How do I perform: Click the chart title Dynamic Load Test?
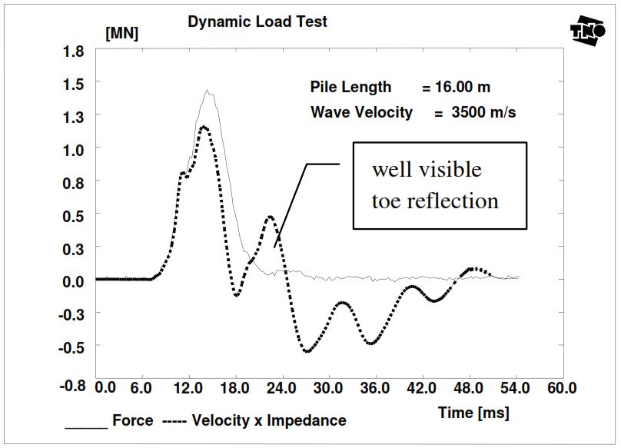click(x=257, y=22)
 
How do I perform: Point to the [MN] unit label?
click(x=121, y=35)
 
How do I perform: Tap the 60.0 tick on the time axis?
click(x=561, y=388)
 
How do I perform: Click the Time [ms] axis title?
click(x=473, y=413)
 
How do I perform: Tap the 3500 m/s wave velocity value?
click(x=483, y=112)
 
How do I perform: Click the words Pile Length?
click(x=350, y=87)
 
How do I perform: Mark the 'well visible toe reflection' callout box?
click(x=439, y=185)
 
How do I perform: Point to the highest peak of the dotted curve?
click(x=204, y=127)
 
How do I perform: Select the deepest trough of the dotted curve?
click(x=307, y=351)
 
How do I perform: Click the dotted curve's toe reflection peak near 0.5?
click(x=270, y=217)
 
